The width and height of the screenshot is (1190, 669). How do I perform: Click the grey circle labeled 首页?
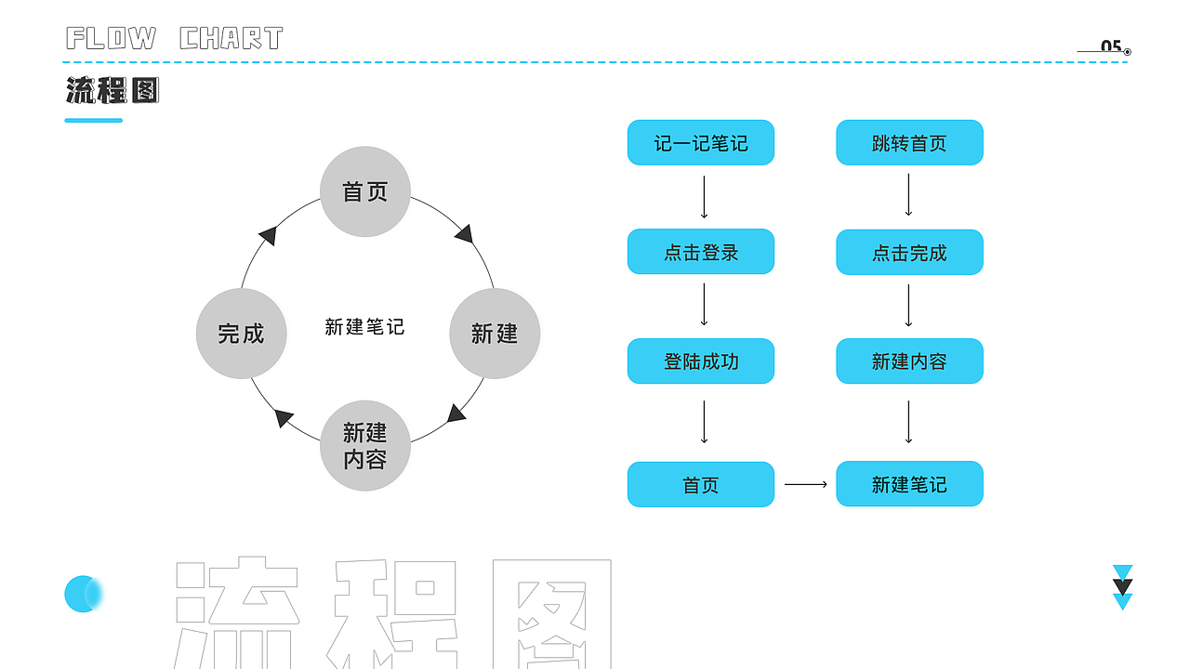tap(365, 191)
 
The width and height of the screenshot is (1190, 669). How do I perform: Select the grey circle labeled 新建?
tap(495, 334)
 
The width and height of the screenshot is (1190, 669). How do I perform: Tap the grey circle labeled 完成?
tap(242, 334)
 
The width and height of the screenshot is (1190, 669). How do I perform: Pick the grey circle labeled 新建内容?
tap(365, 446)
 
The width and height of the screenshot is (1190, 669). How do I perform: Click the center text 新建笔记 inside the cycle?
tap(364, 327)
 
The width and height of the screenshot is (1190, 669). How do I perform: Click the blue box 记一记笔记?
tap(701, 143)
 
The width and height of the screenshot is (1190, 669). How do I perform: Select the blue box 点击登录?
tap(701, 252)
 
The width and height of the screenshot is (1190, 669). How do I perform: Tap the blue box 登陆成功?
tap(701, 361)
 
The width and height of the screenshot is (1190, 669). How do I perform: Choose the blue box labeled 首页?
tap(701, 485)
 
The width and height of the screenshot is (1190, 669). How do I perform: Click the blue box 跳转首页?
tap(909, 143)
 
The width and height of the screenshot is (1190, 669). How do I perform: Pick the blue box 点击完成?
tap(909, 253)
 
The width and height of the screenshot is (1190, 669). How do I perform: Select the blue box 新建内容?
tap(909, 361)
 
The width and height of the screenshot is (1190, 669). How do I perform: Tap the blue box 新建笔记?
tap(909, 484)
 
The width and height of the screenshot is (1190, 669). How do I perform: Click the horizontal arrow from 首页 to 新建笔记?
tap(805, 484)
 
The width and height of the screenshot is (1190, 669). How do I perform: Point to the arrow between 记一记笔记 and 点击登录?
tap(704, 196)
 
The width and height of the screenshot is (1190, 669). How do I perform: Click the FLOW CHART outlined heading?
tap(175, 38)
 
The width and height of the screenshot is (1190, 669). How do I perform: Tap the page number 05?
tap(1111, 46)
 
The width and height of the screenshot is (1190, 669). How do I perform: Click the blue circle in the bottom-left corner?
tap(83, 594)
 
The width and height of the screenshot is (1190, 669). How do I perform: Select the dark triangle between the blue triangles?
tap(1123, 587)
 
